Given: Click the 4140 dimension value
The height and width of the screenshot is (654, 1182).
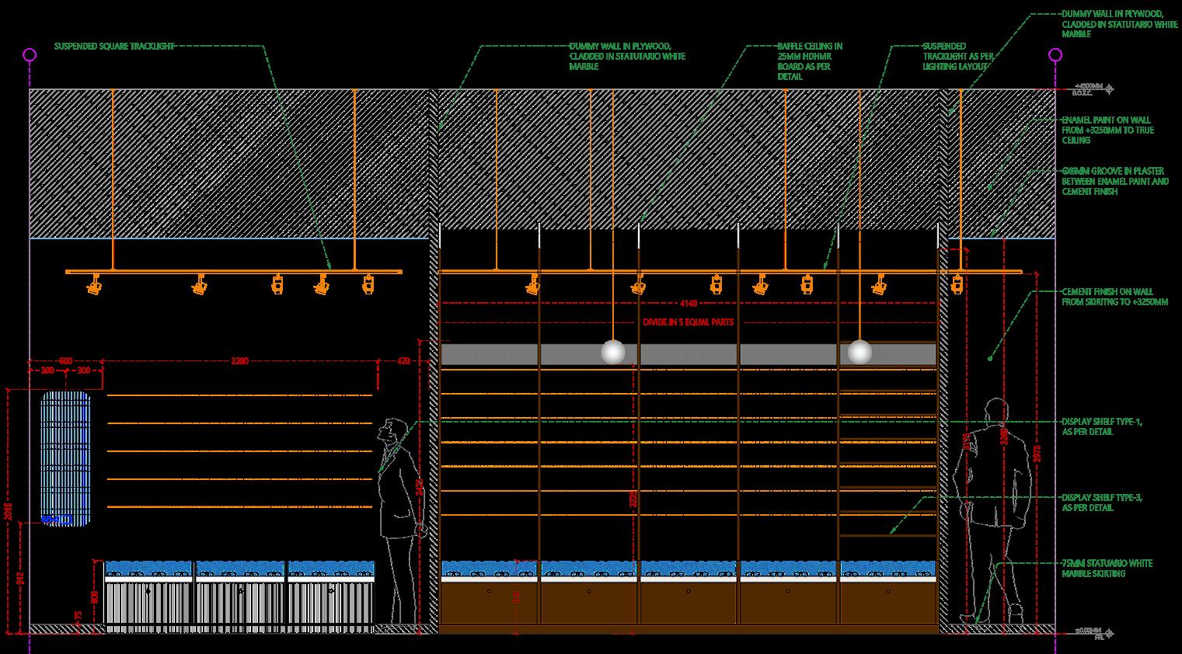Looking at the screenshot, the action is (x=689, y=304).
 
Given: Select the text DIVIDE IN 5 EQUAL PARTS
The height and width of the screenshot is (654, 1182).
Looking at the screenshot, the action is (x=688, y=322).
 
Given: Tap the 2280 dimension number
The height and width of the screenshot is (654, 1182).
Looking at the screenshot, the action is (x=240, y=361).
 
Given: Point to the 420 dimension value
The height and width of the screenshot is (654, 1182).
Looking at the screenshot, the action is (x=403, y=361).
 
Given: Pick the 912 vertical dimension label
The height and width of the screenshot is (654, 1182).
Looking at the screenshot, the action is (x=20, y=577).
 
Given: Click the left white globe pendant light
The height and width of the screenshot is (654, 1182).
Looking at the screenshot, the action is (x=613, y=352).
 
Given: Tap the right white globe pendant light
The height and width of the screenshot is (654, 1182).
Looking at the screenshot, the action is (x=859, y=352).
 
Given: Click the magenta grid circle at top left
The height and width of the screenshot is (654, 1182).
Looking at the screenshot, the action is (x=30, y=54).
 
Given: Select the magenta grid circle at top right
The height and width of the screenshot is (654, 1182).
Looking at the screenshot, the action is (x=1055, y=54).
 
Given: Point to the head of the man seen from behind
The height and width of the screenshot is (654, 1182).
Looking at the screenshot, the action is (x=995, y=411).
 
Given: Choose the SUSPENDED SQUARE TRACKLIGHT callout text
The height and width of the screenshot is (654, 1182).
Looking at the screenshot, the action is (x=113, y=47).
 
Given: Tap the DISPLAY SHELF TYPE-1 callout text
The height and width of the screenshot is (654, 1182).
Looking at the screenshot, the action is (x=1101, y=426).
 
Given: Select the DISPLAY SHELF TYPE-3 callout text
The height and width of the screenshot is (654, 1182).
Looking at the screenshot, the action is (x=1101, y=502).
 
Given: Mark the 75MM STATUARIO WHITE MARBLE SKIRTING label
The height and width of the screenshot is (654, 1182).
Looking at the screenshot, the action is (x=1107, y=568).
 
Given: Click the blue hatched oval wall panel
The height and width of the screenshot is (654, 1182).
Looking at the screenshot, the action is (x=66, y=458).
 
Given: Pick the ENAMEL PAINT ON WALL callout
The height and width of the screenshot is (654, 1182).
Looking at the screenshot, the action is (x=1107, y=130).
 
